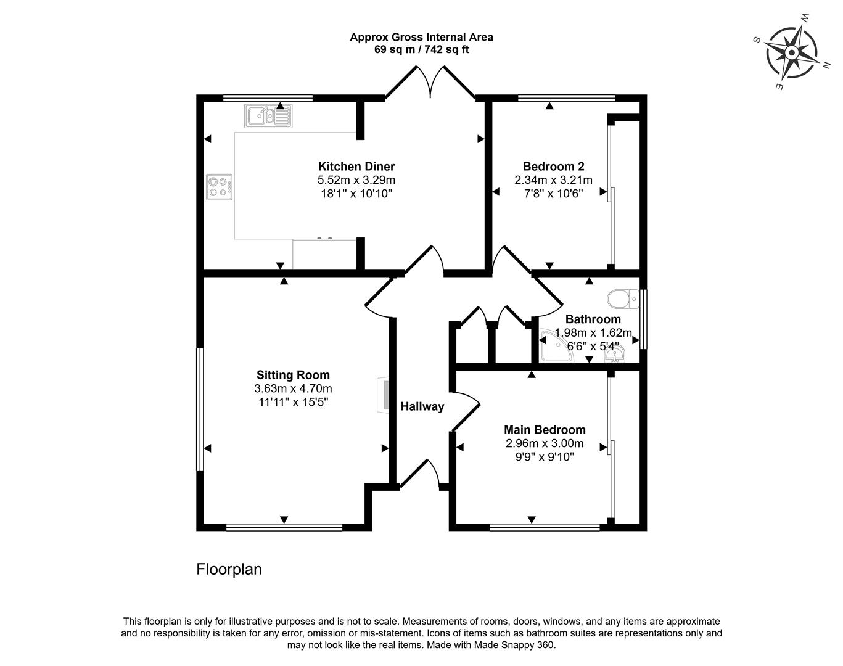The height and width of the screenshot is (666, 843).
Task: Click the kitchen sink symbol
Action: tap(268, 116)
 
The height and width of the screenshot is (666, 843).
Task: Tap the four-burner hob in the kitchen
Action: tap(220, 187)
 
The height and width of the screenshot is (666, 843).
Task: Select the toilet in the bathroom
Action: tap(623, 299)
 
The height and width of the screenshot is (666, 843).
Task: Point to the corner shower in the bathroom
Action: tap(556, 345)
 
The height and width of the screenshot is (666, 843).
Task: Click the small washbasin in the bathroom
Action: tap(615, 354)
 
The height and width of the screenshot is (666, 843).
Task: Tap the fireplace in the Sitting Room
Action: tap(383, 395)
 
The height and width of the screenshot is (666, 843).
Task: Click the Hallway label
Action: tap(422, 406)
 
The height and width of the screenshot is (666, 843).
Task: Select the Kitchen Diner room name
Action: tap(356, 166)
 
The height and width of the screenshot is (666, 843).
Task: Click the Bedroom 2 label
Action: tap(554, 166)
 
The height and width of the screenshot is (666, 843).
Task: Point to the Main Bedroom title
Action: tap(545, 430)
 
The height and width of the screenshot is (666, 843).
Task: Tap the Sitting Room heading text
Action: tap(293, 375)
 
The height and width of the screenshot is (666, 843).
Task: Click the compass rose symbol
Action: tap(792, 52)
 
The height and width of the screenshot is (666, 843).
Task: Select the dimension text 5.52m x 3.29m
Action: tap(356, 180)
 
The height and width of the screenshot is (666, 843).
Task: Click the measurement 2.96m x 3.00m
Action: tap(545, 443)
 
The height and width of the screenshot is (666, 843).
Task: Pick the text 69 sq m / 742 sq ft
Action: tap(422, 50)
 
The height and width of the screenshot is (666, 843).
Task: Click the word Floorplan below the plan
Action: tap(229, 569)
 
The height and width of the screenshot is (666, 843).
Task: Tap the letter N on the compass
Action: tap(826, 66)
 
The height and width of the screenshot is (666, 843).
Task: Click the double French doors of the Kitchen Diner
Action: tap(430, 81)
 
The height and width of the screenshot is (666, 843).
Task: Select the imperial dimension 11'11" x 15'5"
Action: tap(293, 402)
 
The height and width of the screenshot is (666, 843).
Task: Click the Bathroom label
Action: tap(593, 319)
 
